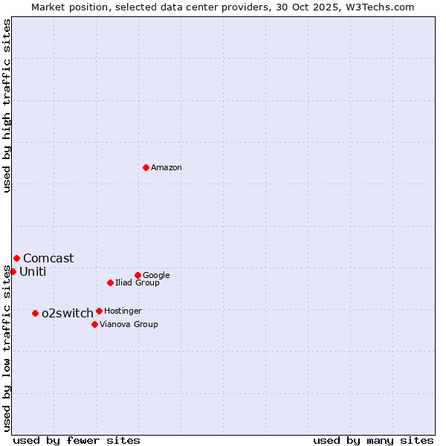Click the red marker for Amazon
[x=146, y=167]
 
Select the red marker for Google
[x=138, y=275]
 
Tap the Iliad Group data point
[x=110, y=282]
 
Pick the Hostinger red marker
[x=99, y=311]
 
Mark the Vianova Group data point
[x=94, y=324]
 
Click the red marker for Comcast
[x=16, y=258]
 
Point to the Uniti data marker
[x=13, y=271]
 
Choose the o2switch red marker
[x=35, y=313]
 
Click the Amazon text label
[x=167, y=168]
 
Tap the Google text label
[x=156, y=275]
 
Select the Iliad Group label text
[x=138, y=282]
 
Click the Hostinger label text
[x=123, y=311]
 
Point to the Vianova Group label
[x=129, y=324]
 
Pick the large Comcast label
[x=48, y=258]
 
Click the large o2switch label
[x=68, y=313]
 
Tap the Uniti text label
[x=33, y=271]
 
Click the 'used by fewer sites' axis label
[x=77, y=440]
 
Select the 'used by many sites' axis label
[x=373, y=440]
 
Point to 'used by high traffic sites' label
[x=7, y=106]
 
